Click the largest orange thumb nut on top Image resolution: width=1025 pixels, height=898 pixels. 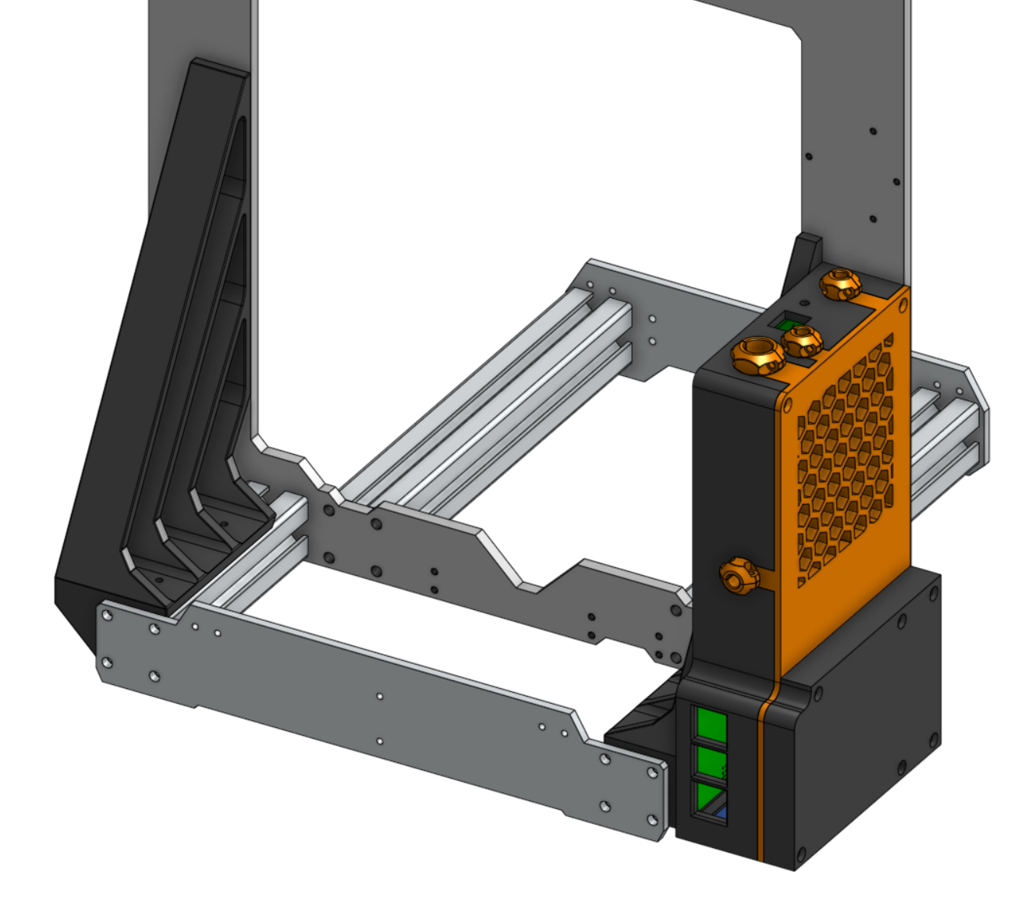tap(757, 355)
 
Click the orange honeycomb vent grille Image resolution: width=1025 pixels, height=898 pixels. tap(846, 460)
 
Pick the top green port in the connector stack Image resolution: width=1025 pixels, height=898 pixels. tap(711, 725)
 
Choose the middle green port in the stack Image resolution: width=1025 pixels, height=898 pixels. tap(711, 761)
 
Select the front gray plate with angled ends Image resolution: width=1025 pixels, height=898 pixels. tap(374, 702)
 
